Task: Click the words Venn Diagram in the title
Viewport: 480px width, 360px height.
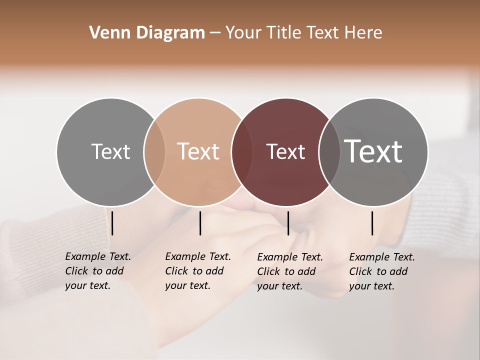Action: point(147,33)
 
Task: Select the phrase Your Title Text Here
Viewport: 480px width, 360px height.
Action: point(303,33)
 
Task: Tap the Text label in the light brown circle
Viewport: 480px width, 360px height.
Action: point(198,151)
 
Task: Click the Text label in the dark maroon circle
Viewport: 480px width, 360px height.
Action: point(285,151)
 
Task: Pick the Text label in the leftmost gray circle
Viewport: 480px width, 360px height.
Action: point(110,151)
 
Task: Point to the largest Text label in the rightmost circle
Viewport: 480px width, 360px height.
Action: point(373,151)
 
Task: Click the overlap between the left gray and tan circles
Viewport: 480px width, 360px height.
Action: point(154,151)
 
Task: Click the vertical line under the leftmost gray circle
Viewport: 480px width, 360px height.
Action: point(112,223)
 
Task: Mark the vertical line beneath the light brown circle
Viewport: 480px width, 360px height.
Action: point(200,223)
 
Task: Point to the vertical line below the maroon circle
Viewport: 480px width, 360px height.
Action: point(288,223)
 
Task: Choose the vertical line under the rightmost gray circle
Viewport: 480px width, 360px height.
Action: point(372,223)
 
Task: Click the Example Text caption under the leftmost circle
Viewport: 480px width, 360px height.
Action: point(98,271)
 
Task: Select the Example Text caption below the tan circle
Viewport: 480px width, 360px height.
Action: point(198,271)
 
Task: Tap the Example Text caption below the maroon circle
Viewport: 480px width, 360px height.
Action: point(290,271)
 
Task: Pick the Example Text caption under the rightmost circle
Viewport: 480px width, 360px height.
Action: point(382,271)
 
